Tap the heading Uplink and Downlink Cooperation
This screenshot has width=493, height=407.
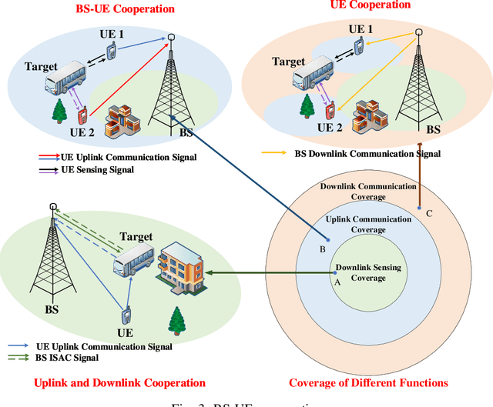coord(119,383)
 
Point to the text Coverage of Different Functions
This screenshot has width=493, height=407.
coord(368,383)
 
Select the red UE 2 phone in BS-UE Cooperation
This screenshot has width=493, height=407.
coord(82,116)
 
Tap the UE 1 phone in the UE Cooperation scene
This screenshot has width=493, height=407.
coord(358,47)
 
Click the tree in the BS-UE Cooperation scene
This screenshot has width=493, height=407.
coord(59,111)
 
